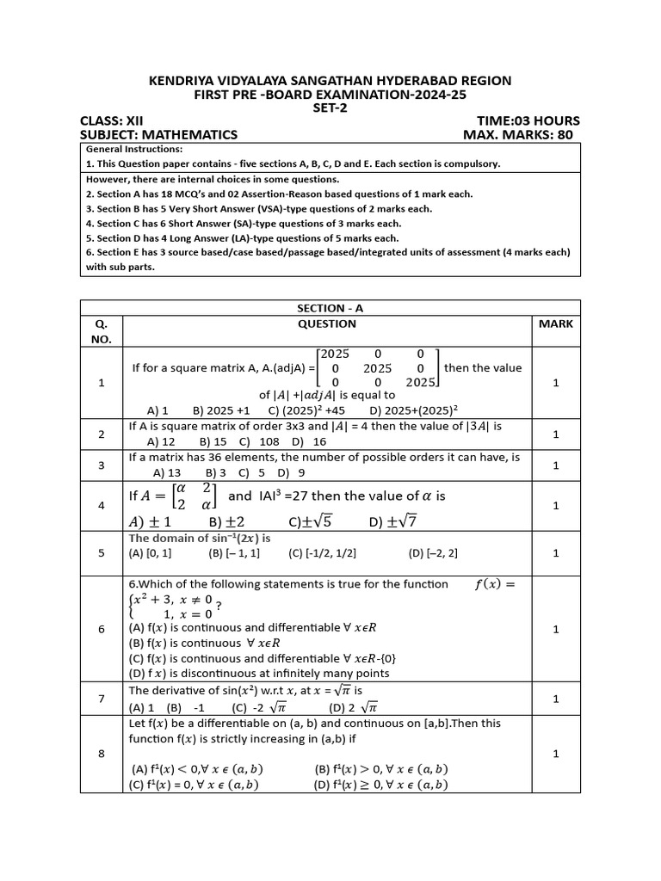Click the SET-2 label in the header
pyautogui.click(x=330, y=108)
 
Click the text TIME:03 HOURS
pyautogui.click(x=528, y=121)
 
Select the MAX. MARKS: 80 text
pyautogui.click(x=516, y=135)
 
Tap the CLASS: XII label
pyautogui.click(x=112, y=121)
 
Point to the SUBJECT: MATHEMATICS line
pyautogui.click(x=158, y=135)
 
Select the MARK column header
pyautogui.click(x=555, y=324)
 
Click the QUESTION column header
pyautogui.click(x=326, y=324)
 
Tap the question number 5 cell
pyautogui.click(x=102, y=553)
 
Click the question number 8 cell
pyautogui.click(x=102, y=754)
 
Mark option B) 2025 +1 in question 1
pyautogui.click(x=221, y=410)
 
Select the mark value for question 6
pyautogui.click(x=555, y=629)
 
